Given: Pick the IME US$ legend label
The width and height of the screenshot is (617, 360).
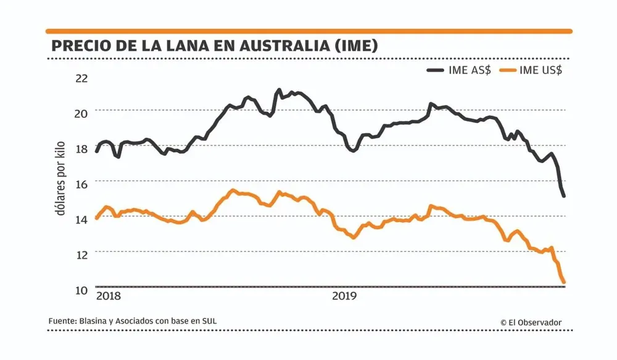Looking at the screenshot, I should click(x=540, y=70).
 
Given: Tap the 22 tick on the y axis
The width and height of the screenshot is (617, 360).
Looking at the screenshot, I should click(x=81, y=78).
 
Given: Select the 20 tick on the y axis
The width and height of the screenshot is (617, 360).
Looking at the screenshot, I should click(x=81, y=112).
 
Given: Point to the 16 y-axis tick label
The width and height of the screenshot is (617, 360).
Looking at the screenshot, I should click(x=81, y=183).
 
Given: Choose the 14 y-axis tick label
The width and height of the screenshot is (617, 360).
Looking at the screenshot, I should click(x=81, y=219).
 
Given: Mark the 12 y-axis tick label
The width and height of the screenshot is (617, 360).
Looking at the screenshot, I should click(x=81, y=254).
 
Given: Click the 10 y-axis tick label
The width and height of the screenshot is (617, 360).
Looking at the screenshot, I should click(x=81, y=290).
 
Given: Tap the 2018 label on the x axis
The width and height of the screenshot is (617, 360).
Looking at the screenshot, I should click(x=109, y=296).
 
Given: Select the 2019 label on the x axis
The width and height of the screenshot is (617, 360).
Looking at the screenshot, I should click(x=344, y=296).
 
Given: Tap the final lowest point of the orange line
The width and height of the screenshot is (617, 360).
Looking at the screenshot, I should click(x=563, y=282).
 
